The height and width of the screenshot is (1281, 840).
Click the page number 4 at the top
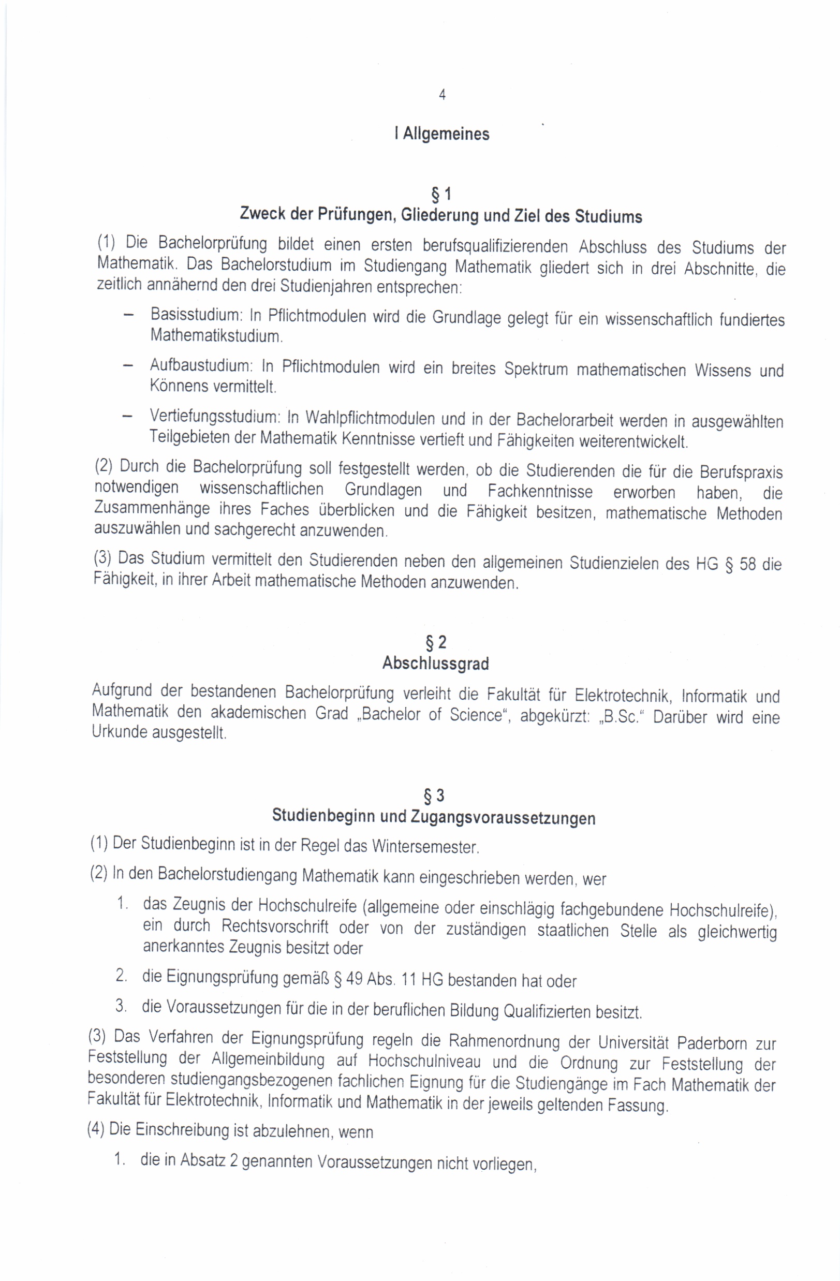[442, 95]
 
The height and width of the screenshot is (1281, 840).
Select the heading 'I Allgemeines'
[442, 134]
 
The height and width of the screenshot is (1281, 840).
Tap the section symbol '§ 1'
[441, 194]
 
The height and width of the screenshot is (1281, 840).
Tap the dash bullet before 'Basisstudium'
[128, 315]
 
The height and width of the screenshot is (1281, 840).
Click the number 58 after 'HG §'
[747, 565]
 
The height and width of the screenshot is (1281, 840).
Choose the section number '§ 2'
[436, 643]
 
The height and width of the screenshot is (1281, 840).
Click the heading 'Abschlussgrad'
[435, 664]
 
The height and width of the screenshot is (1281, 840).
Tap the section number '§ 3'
[434, 796]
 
